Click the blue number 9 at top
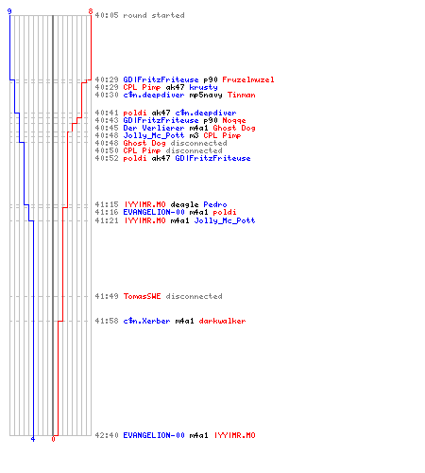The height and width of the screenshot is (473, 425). (x=9, y=11)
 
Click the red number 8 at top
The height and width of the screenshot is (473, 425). (x=91, y=11)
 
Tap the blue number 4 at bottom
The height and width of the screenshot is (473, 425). (x=33, y=439)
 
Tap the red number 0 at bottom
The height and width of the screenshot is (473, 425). (x=53, y=439)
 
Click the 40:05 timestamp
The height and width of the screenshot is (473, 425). (x=107, y=15)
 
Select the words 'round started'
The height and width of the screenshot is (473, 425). (x=154, y=15)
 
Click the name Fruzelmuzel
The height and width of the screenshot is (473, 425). (x=248, y=79)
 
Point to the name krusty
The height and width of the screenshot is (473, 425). (x=203, y=87)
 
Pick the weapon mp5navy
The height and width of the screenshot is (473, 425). (x=206, y=95)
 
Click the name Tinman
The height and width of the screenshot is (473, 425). (x=242, y=95)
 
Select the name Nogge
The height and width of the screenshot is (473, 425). (x=234, y=120)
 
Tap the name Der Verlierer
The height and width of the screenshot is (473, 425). (x=154, y=128)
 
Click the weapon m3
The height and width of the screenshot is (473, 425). (x=194, y=135)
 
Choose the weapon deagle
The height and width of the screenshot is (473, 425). (x=184, y=204)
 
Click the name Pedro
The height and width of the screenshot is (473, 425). (x=215, y=204)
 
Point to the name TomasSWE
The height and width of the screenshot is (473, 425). (x=142, y=296)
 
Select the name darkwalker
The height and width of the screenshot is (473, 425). (x=222, y=321)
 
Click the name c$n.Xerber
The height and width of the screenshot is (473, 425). (x=146, y=321)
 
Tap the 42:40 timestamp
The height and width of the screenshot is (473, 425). (x=107, y=435)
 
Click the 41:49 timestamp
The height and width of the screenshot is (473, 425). (x=107, y=296)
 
